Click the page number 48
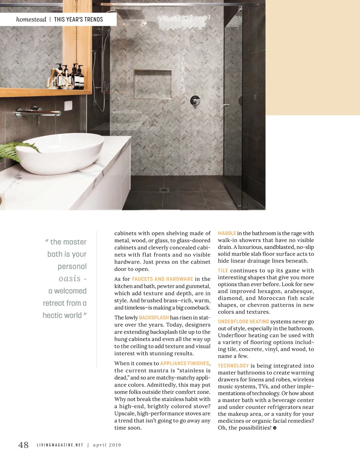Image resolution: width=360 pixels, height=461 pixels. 23,445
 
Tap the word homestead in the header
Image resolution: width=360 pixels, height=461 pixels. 31,19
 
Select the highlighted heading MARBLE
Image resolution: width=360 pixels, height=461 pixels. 227,233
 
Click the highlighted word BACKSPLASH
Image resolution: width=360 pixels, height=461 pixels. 154,317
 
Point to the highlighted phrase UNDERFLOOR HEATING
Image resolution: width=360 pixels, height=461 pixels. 243,322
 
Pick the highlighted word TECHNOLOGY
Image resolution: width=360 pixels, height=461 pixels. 233,366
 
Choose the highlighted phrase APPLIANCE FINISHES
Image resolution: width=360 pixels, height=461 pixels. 184,363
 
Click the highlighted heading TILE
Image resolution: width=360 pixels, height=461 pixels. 223,270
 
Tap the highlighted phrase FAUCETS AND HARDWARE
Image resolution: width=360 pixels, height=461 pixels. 162,279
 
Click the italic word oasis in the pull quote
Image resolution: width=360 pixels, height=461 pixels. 70,278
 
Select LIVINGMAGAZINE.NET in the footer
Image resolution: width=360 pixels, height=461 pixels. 60,445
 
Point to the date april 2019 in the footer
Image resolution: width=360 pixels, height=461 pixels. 107,445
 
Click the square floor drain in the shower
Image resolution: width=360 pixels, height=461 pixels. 164,190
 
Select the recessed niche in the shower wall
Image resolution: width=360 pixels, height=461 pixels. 153,84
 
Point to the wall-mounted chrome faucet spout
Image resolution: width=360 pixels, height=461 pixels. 39,113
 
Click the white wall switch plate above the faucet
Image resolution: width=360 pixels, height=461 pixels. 68,105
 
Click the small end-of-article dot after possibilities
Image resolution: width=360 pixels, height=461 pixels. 274,428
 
